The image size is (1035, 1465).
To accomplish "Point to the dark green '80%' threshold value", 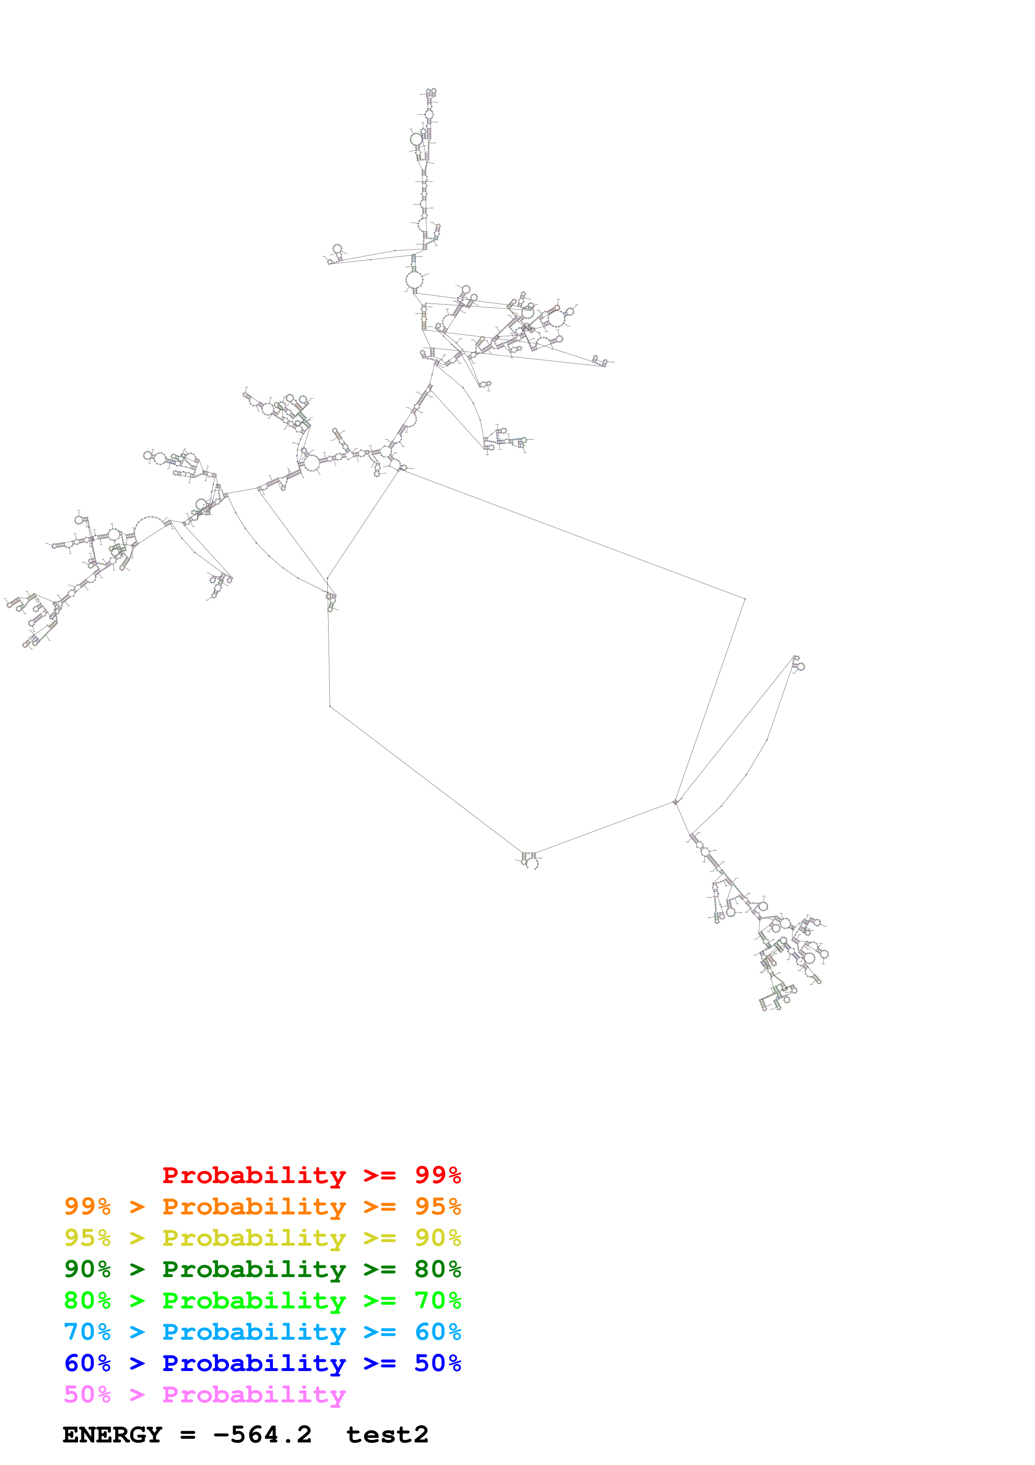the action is pyautogui.click(x=438, y=1269).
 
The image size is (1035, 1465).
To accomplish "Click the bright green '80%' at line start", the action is pyautogui.click(x=87, y=1300).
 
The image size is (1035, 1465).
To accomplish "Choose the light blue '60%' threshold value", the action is pyautogui.click(x=438, y=1332).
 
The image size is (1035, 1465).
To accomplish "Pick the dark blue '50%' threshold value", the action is pyautogui.click(x=438, y=1363).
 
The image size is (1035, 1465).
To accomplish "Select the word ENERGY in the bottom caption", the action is pyautogui.click(x=112, y=1435).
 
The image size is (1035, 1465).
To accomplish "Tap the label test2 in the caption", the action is pyautogui.click(x=387, y=1435).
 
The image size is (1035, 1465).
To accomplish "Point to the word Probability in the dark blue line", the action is pyautogui.click(x=254, y=1363).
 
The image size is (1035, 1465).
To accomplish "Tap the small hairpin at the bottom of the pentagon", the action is pyautogui.click(x=529, y=861).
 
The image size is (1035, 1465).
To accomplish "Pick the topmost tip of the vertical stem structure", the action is pyautogui.click(x=431, y=91).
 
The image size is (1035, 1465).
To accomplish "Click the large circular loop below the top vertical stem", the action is pyautogui.click(x=415, y=279).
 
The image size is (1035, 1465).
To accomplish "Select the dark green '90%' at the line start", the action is pyautogui.click(x=87, y=1269).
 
